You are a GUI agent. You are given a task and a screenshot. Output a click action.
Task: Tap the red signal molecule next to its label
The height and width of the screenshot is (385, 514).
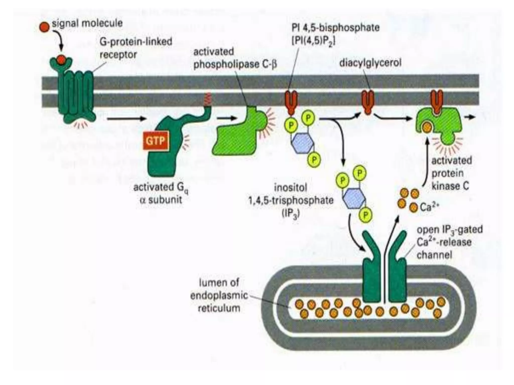(x=44, y=27)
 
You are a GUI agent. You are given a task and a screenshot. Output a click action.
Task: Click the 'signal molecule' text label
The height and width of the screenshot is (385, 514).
(x=87, y=23)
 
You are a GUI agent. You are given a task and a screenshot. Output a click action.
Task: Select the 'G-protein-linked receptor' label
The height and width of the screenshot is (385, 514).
(x=136, y=48)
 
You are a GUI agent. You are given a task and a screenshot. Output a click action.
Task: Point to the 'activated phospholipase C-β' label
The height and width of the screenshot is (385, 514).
(x=235, y=58)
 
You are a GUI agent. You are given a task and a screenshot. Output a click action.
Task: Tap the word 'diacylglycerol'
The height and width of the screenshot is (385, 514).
(x=370, y=62)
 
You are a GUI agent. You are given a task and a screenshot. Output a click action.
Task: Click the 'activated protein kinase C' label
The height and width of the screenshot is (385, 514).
(x=451, y=173)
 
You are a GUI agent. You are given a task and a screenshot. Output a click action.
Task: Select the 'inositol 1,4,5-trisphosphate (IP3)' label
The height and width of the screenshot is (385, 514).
(x=291, y=201)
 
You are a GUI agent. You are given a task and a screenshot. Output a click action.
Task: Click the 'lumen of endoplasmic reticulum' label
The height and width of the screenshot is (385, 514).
(x=219, y=295)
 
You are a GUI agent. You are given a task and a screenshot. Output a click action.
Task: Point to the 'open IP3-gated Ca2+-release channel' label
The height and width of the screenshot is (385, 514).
(x=449, y=242)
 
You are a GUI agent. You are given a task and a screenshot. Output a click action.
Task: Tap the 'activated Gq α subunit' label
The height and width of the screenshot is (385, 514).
(x=161, y=193)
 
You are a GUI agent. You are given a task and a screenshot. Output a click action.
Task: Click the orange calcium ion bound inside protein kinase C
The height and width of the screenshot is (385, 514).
(x=427, y=128)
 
